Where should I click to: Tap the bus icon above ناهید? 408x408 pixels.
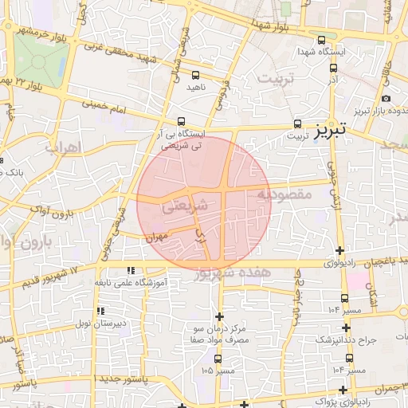pos(195,75)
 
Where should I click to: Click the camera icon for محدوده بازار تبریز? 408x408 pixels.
pos(386,98)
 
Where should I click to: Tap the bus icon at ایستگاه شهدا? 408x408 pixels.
pos(321,40)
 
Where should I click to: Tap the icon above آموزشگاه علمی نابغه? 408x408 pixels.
pos(130,270)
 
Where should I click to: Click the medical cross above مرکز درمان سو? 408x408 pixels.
pos(219,316)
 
